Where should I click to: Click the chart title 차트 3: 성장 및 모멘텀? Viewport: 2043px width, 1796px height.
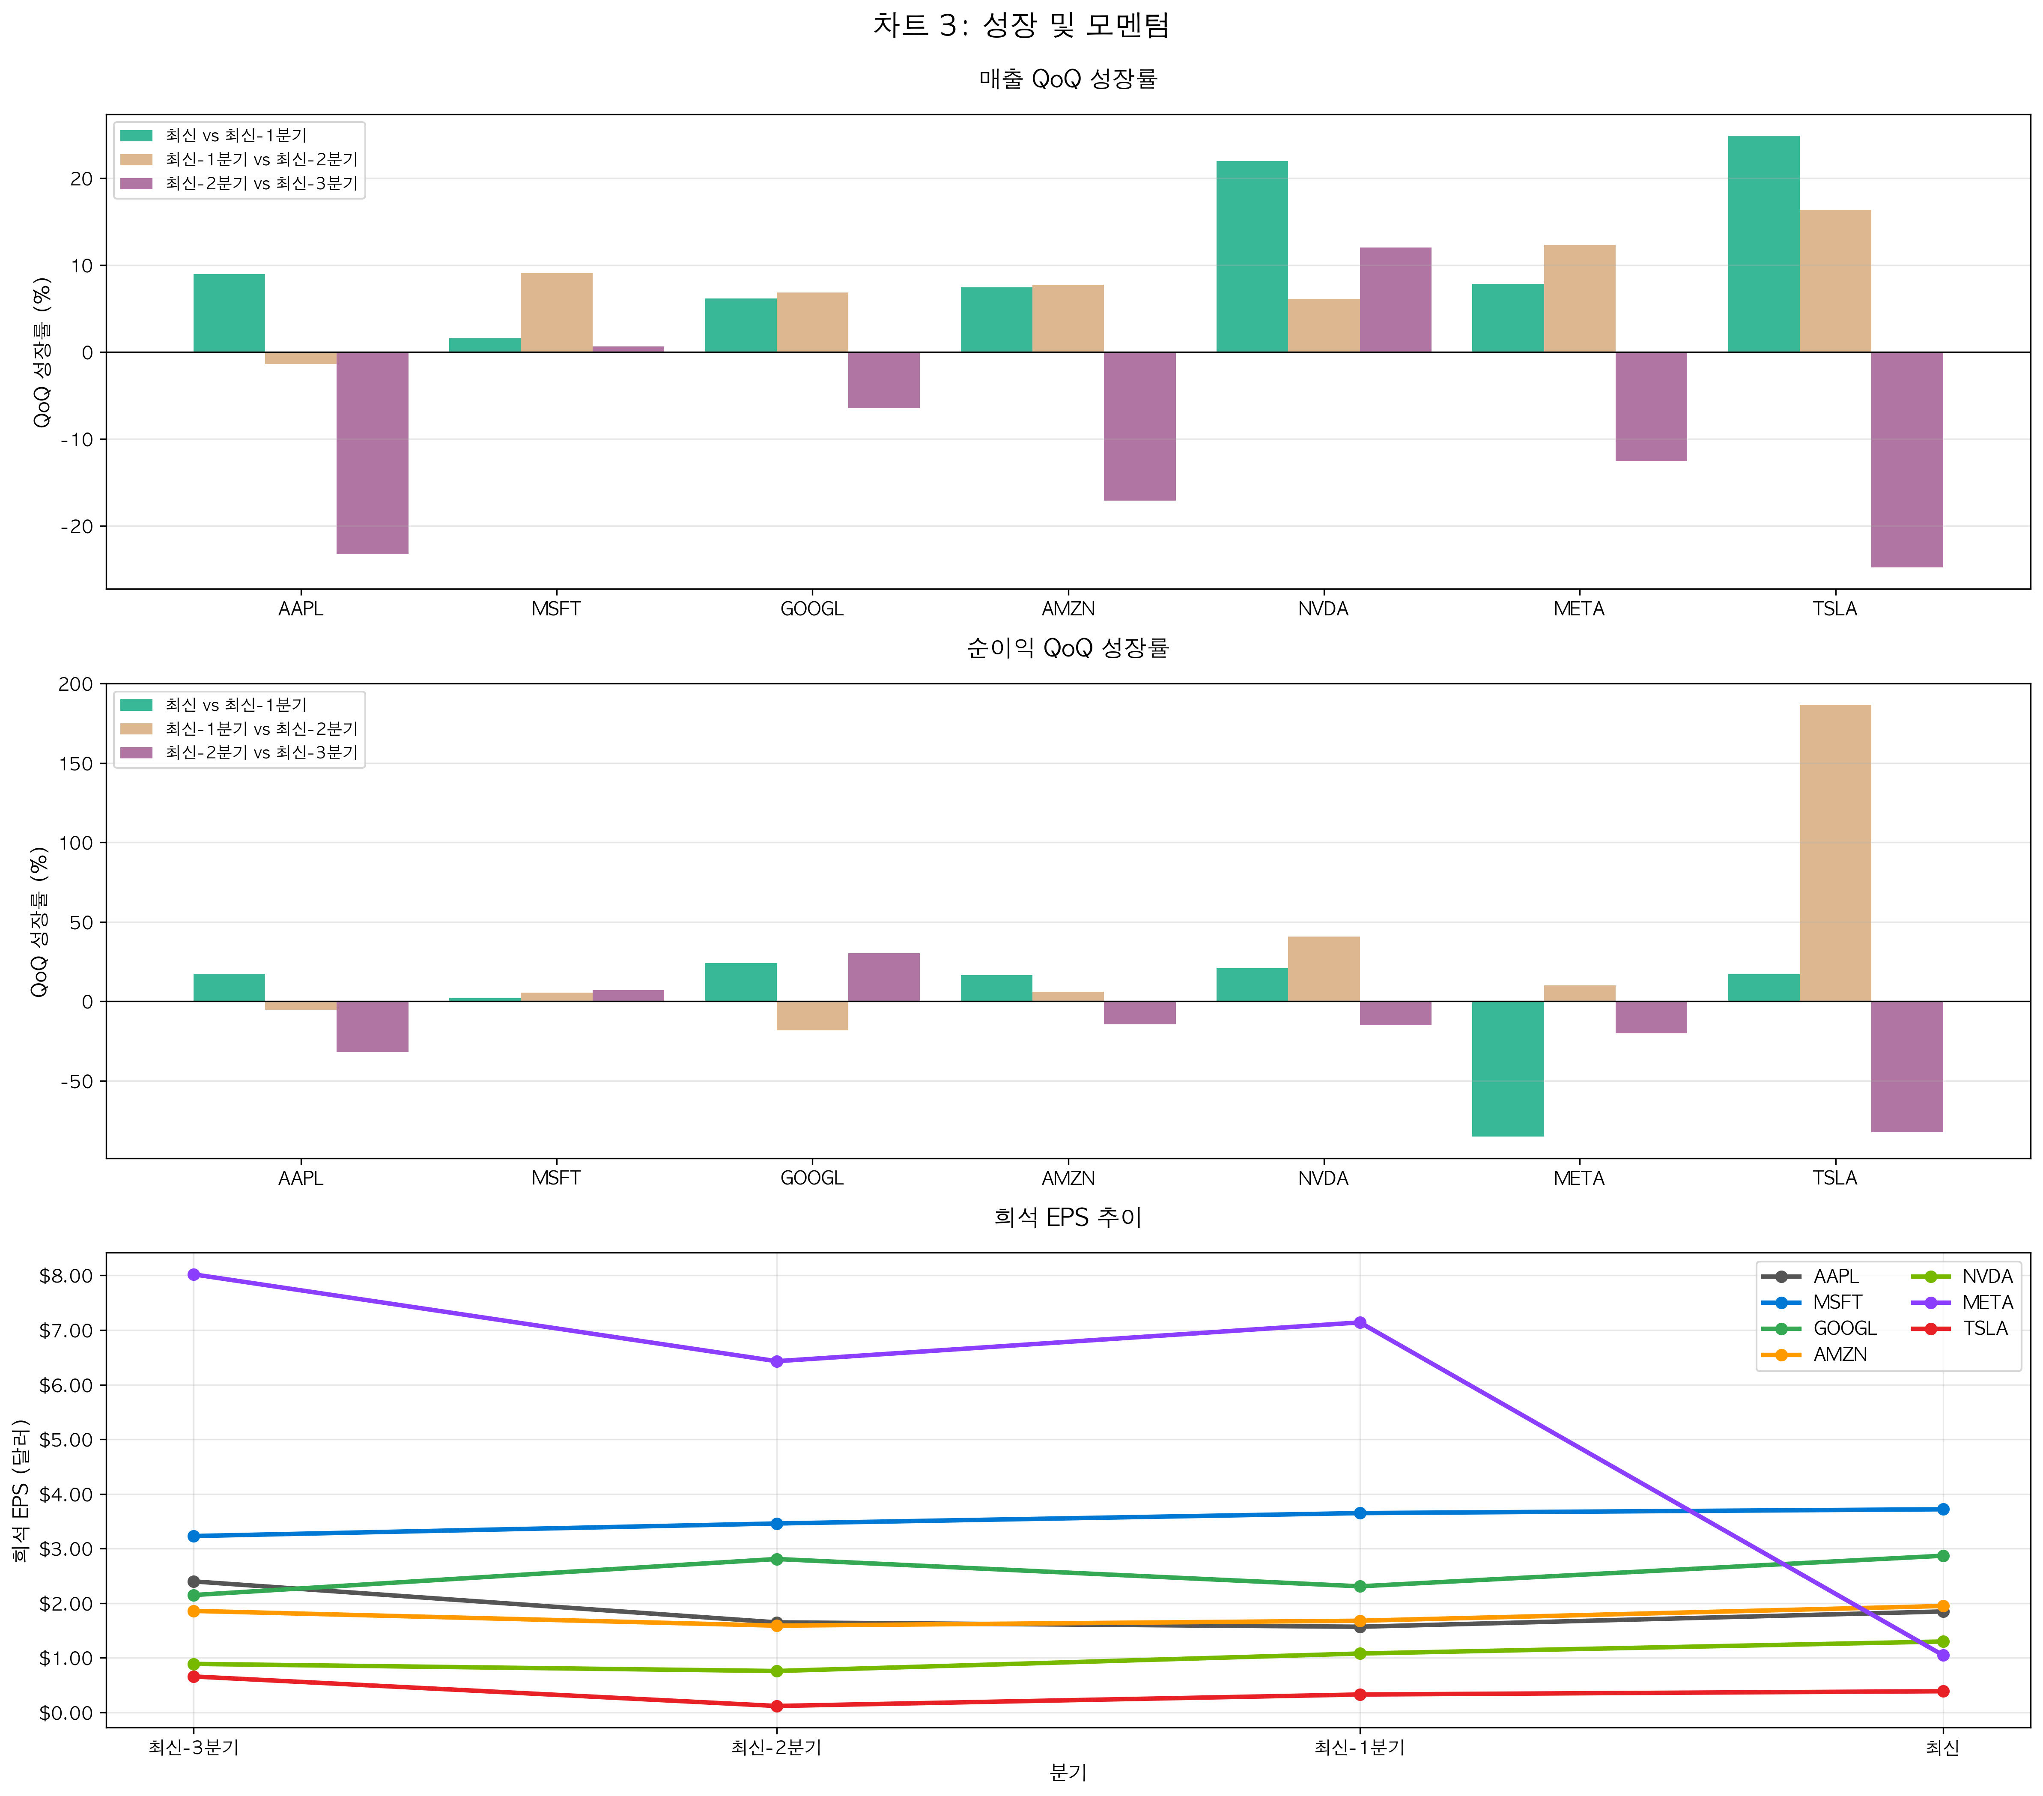point(1020,25)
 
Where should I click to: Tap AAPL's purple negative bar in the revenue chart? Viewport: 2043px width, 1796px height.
point(372,453)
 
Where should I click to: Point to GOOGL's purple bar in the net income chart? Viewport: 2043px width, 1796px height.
point(883,978)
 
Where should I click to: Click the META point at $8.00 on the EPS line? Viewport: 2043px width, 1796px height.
point(194,1274)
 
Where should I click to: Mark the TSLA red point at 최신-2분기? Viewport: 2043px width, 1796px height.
point(777,1706)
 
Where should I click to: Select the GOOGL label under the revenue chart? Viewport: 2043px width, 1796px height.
point(811,609)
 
